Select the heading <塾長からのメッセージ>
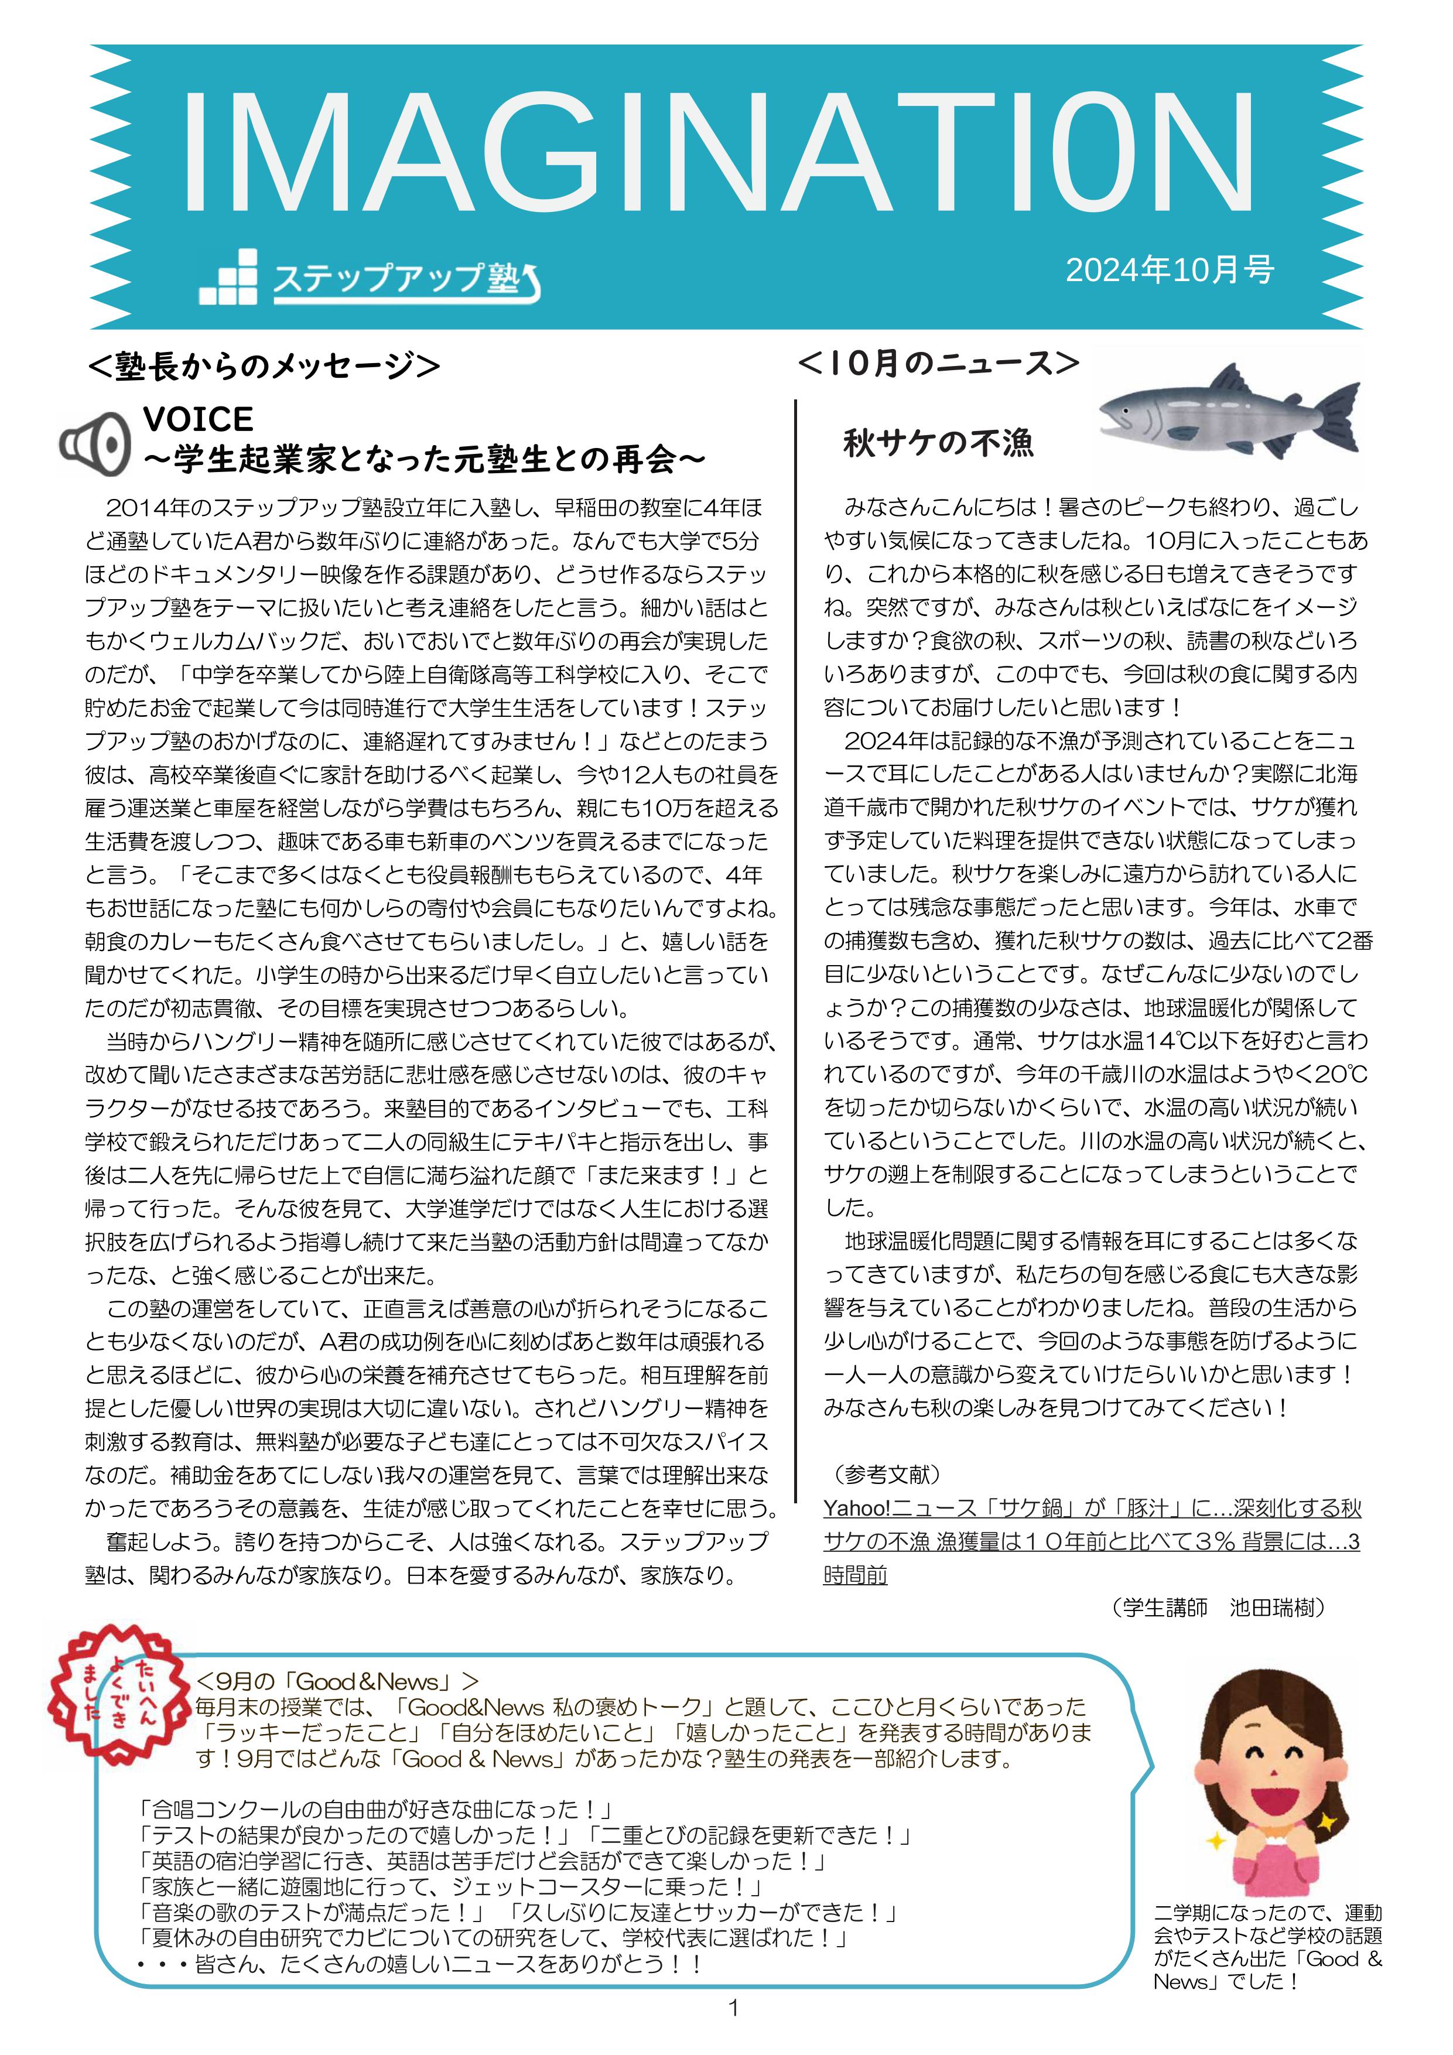(x=264, y=365)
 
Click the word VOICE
(x=198, y=419)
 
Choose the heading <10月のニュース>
(x=938, y=363)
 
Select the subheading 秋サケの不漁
(x=938, y=442)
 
